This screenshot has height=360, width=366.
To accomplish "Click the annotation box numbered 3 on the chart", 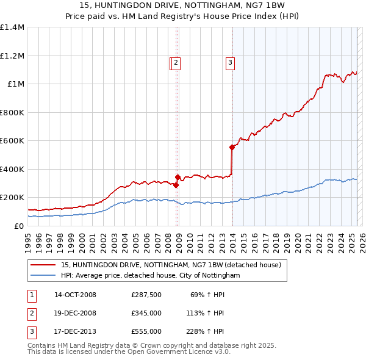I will [x=231, y=62].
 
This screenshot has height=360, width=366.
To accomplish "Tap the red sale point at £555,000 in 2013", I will [x=232, y=147].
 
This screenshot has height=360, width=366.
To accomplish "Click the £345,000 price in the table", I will [x=146, y=314].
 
